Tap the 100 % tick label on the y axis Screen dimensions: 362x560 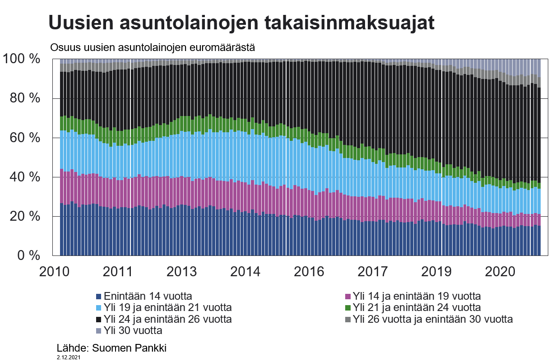21,59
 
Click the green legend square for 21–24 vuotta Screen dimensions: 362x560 347,308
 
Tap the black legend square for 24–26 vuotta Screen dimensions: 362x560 99,320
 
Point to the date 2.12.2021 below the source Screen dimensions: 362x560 69,357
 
